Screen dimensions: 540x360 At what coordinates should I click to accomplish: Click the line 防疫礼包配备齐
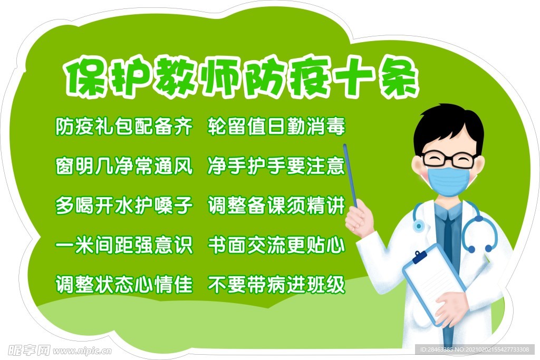[124, 127]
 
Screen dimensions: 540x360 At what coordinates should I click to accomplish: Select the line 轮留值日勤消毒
[276, 127]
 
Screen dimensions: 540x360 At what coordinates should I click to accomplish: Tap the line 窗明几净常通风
[124, 166]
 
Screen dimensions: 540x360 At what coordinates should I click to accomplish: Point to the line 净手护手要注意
[276, 166]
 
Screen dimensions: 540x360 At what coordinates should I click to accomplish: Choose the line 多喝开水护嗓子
[124, 206]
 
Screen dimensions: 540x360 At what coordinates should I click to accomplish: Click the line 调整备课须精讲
[276, 206]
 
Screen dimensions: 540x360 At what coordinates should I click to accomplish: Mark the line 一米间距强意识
[124, 245]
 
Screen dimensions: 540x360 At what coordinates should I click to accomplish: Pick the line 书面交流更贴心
[276, 245]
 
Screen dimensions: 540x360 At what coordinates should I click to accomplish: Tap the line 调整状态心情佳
[124, 285]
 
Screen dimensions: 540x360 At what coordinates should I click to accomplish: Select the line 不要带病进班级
[276, 285]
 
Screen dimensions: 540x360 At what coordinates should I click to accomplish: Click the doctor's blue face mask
[448, 181]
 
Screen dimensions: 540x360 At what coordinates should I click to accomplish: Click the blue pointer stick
[351, 176]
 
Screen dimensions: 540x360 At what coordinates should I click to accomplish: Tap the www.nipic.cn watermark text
[83, 351]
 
